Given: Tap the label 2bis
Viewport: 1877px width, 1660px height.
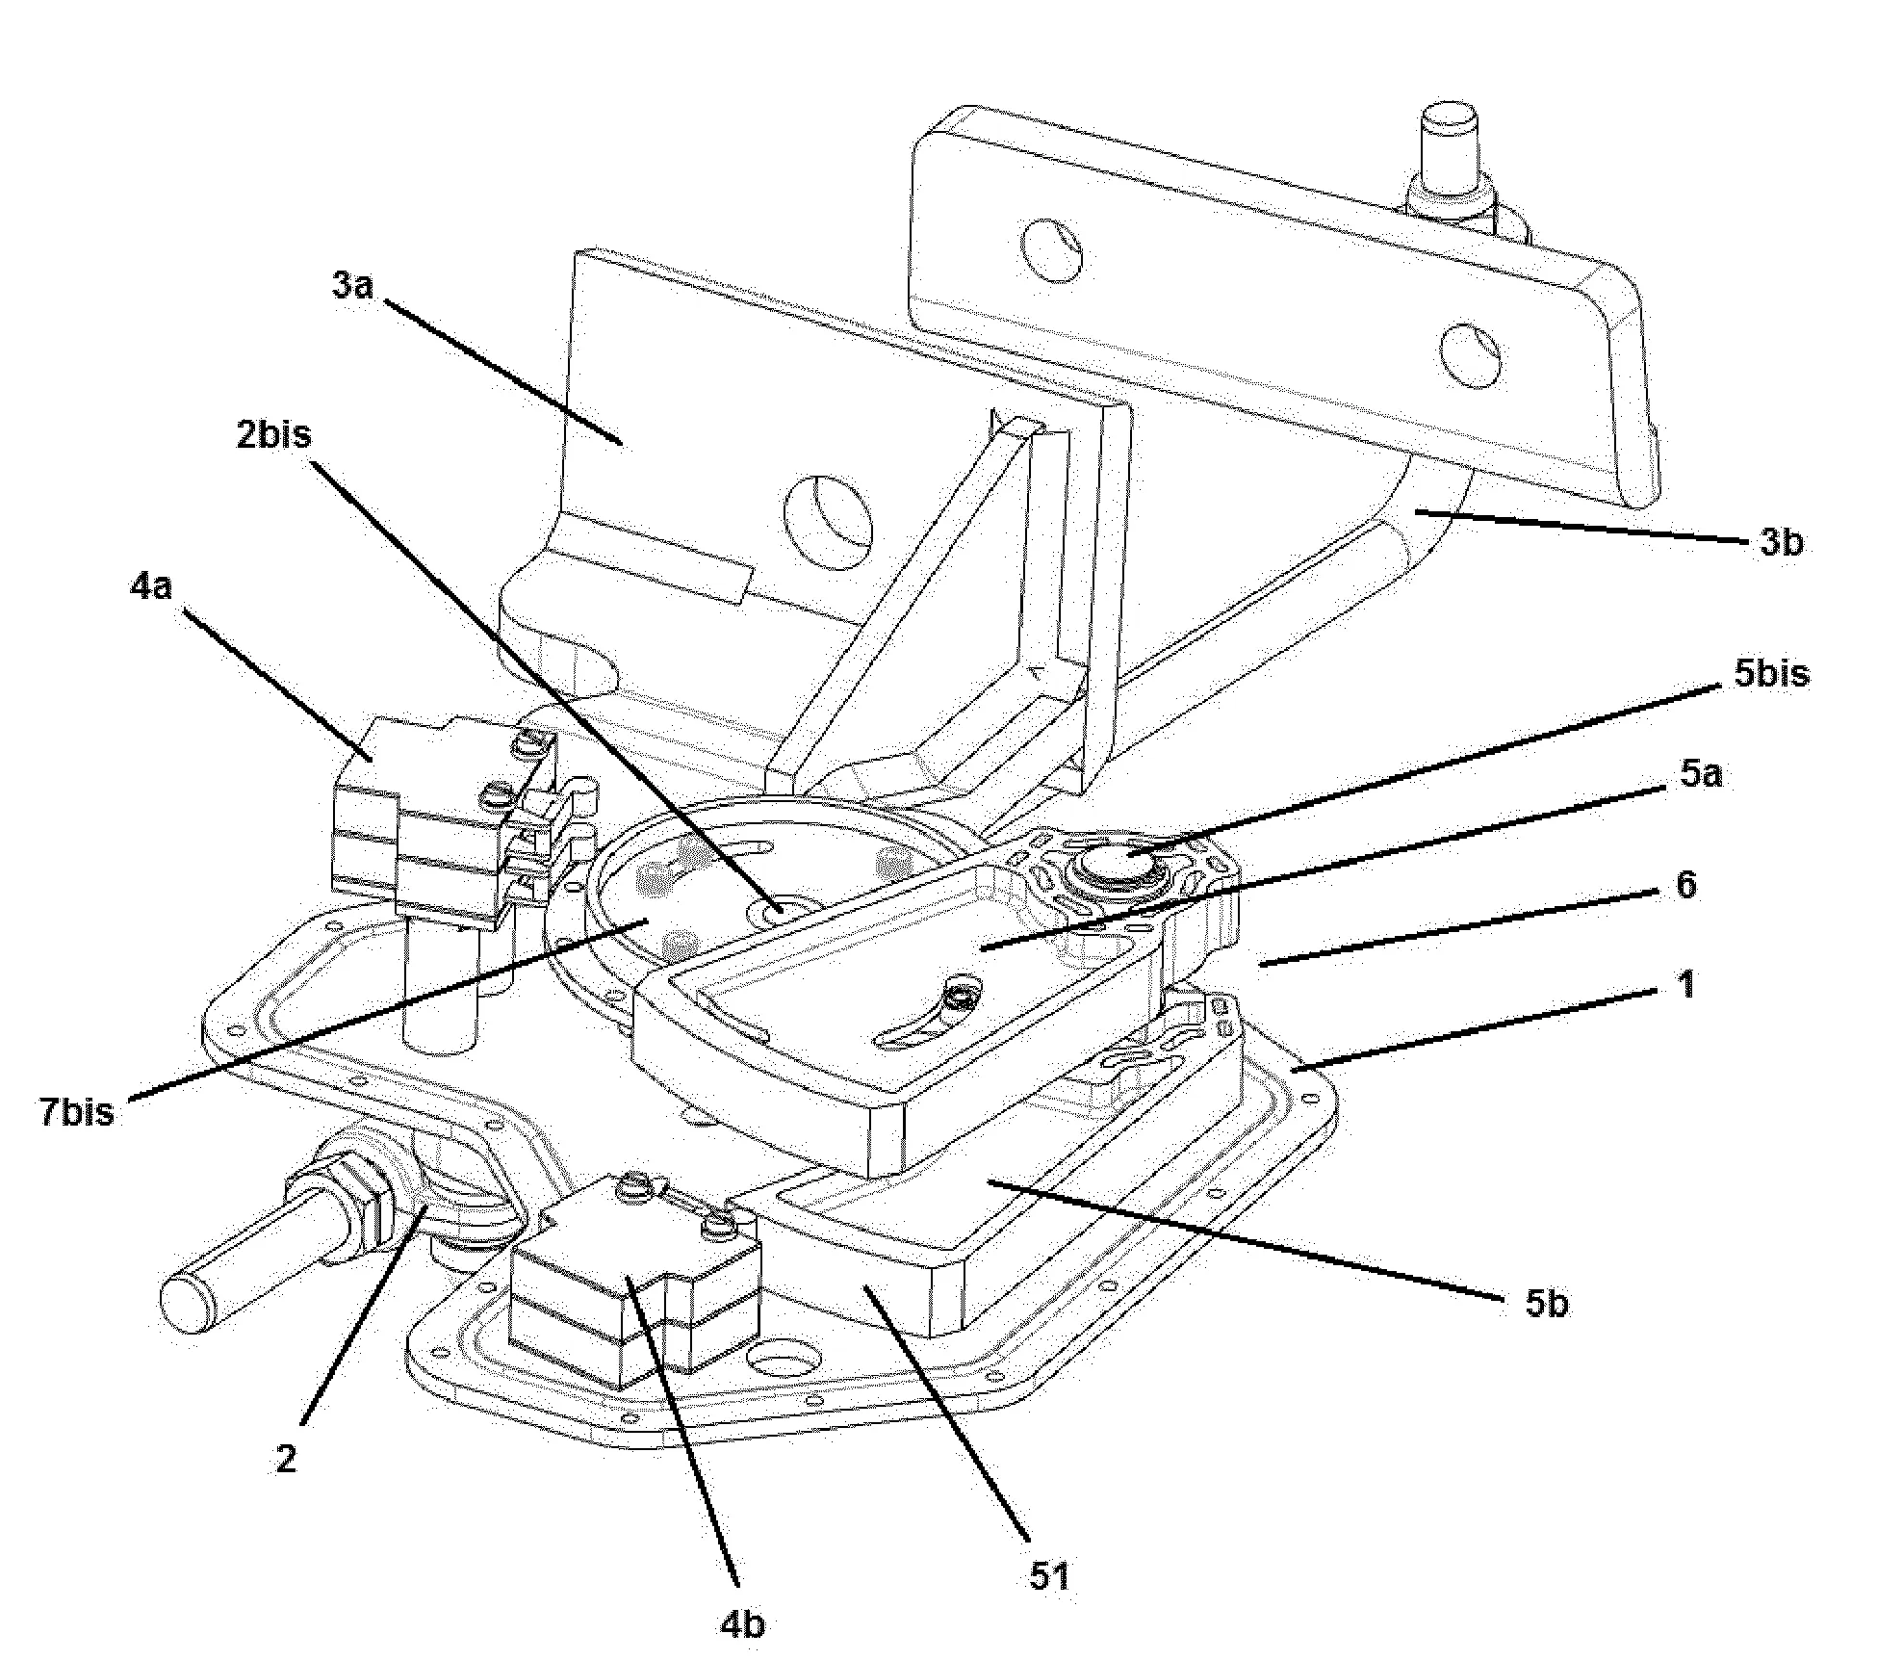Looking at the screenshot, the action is tap(274, 434).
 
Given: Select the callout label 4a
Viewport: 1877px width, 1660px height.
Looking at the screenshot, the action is tap(151, 586).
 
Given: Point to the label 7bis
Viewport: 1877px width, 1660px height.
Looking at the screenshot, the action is tap(77, 1112).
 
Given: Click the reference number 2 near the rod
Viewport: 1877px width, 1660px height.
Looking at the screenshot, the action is tap(286, 1459).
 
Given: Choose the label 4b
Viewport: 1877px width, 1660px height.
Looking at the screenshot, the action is tap(742, 1624).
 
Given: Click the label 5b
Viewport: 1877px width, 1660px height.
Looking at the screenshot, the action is tap(1547, 1304).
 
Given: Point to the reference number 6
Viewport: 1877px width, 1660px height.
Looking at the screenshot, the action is tap(1685, 885).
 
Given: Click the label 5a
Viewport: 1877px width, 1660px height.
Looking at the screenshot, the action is tap(1701, 773).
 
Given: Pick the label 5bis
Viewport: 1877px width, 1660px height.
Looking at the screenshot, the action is tap(1772, 673).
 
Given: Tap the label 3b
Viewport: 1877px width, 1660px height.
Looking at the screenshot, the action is tap(1782, 543).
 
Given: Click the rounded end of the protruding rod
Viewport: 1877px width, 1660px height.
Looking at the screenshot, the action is tap(189, 1301).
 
